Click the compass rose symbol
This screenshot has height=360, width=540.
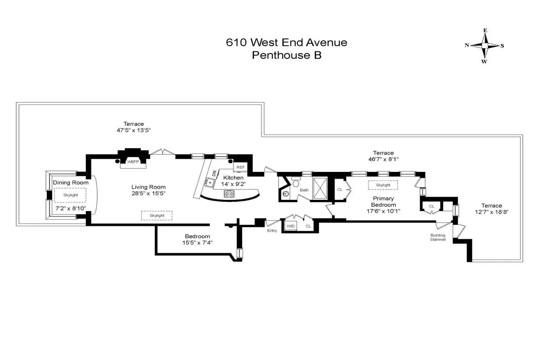coord(485,45)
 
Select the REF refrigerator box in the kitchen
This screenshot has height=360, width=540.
coord(240,167)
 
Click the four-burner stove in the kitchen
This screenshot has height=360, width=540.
coord(229,193)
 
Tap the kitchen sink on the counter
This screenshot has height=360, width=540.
coord(208,182)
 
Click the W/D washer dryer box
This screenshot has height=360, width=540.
coord(290,226)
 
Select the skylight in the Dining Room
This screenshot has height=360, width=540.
coord(70,195)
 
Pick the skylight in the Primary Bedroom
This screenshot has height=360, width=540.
coord(383,185)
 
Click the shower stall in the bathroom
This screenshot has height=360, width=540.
coord(320,189)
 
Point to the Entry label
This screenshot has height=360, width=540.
coord(272,230)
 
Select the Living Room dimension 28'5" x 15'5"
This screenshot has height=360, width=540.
coord(148,195)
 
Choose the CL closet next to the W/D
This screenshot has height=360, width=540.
coord(308,226)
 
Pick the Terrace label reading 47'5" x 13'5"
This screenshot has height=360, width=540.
coord(134,130)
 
